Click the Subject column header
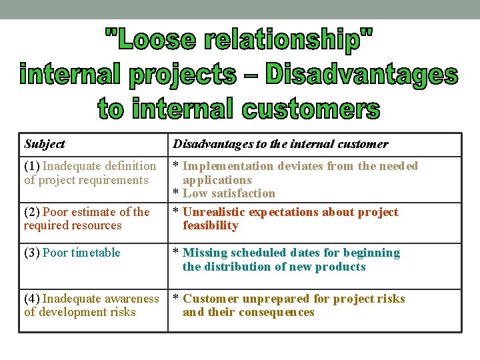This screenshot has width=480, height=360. [x=44, y=144]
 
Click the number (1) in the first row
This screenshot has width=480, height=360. [x=32, y=166]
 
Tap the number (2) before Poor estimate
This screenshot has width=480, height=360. [x=32, y=212]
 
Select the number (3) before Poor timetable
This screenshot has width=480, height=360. [x=32, y=253]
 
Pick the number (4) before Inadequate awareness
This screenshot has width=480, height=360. [x=32, y=299]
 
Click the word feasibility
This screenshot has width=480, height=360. [x=210, y=225]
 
